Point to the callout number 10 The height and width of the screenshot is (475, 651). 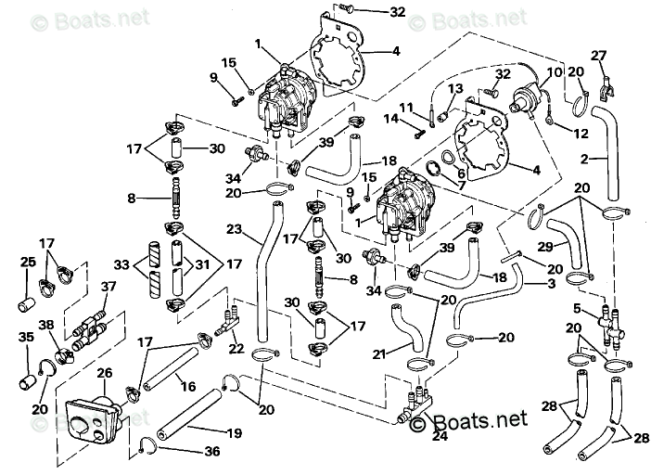pos(554,71)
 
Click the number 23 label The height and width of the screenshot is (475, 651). pos(234,230)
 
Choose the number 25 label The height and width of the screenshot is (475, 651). pos(29,263)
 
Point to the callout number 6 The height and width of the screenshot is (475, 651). pos(461,173)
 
